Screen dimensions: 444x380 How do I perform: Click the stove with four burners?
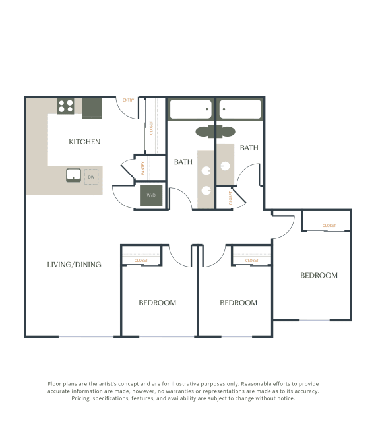pyautogui.click(x=65, y=106)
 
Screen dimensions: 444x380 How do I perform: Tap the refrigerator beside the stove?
pyautogui.click(x=92, y=108)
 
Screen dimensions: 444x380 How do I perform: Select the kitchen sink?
pyautogui.click(x=73, y=175)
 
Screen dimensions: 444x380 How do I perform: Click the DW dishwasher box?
pyautogui.click(x=91, y=177)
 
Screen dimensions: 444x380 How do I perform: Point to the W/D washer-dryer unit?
pyautogui.click(x=150, y=195)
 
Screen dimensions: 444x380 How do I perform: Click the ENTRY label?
pyautogui.click(x=128, y=100)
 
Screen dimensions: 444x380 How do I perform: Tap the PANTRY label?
pyautogui.click(x=143, y=168)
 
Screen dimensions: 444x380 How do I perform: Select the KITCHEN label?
pyautogui.click(x=84, y=142)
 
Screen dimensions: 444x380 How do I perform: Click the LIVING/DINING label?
pyautogui.click(x=74, y=265)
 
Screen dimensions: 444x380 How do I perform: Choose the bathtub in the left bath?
pyautogui.click(x=190, y=109)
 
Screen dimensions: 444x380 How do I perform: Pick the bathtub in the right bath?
pyautogui.click(x=239, y=109)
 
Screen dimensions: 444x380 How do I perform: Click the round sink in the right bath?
pyautogui.click(x=226, y=166)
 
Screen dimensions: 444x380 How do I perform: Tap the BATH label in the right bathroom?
pyautogui.click(x=249, y=148)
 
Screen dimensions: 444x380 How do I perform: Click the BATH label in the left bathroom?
pyautogui.click(x=183, y=162)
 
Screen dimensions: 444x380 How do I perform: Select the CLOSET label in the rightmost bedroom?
pyautogui.click(x=329, y=226)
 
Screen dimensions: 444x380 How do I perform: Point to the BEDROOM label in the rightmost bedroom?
pyautogui.click(x=319, y=276)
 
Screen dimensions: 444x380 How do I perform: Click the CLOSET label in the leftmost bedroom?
pyautogui.click(x=141, y=261)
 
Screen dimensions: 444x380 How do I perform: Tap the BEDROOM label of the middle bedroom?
pyautogui.click(x=238, y=303)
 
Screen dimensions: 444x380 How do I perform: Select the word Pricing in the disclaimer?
pyautogui.click(x=83, y=398)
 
